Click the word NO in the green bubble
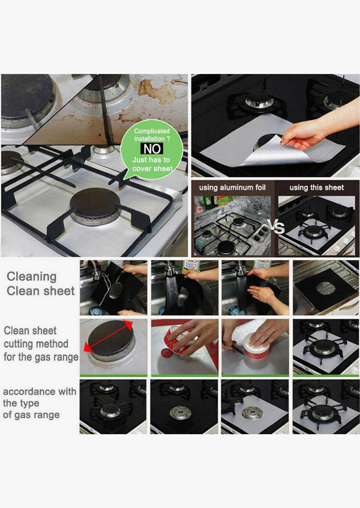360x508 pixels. [x=152, y=149]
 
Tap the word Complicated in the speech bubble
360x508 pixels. [x=152, y=131]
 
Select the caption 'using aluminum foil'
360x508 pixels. [x=232, y=188]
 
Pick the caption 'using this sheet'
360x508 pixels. [x=317, y=188]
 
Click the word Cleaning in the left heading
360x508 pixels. [x=32, y=277]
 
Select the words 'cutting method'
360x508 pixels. [x=36, y=344]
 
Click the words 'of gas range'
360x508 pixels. [x=31, y=415]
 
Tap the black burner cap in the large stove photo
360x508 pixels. [x=95, y=203]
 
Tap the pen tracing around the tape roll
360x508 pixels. [x=232, y=347]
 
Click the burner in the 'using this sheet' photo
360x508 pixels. [x=314, y=230]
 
